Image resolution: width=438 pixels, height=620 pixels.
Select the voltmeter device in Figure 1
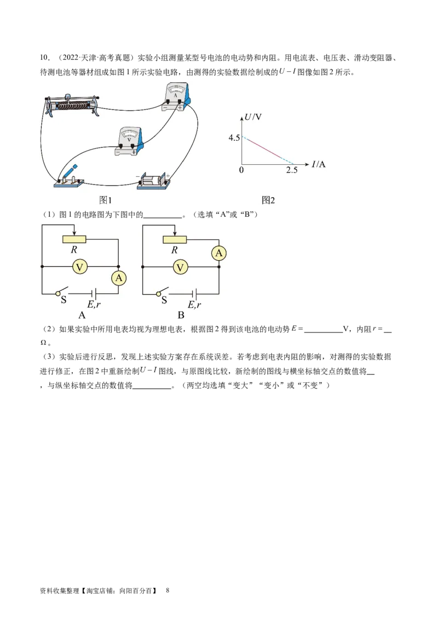coord(130,141)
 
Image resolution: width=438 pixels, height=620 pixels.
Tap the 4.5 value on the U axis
coord(234,137)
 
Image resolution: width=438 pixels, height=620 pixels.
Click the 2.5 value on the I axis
coord(292,170)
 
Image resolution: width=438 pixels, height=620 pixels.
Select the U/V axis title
coord(253,117)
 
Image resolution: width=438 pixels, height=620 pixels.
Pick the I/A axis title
coord(318,164)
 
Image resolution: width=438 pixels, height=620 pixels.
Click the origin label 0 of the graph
coord(241,170)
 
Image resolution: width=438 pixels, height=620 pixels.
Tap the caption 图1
coord(105,200)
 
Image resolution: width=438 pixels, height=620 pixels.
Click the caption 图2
coord(268,200)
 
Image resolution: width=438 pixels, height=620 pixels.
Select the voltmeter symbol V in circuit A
coord(79,267)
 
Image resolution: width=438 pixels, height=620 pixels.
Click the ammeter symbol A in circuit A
coord(119,278)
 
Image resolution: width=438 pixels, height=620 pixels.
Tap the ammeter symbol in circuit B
coord(219,253)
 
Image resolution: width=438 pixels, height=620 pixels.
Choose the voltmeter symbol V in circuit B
coord(180,267)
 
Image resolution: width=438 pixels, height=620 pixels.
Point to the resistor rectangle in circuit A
coord(74,239)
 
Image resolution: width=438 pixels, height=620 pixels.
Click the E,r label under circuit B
coord(194,305)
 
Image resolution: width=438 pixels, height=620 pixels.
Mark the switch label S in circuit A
coord(64,300)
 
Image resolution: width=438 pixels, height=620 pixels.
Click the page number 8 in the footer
coord(168,590)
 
